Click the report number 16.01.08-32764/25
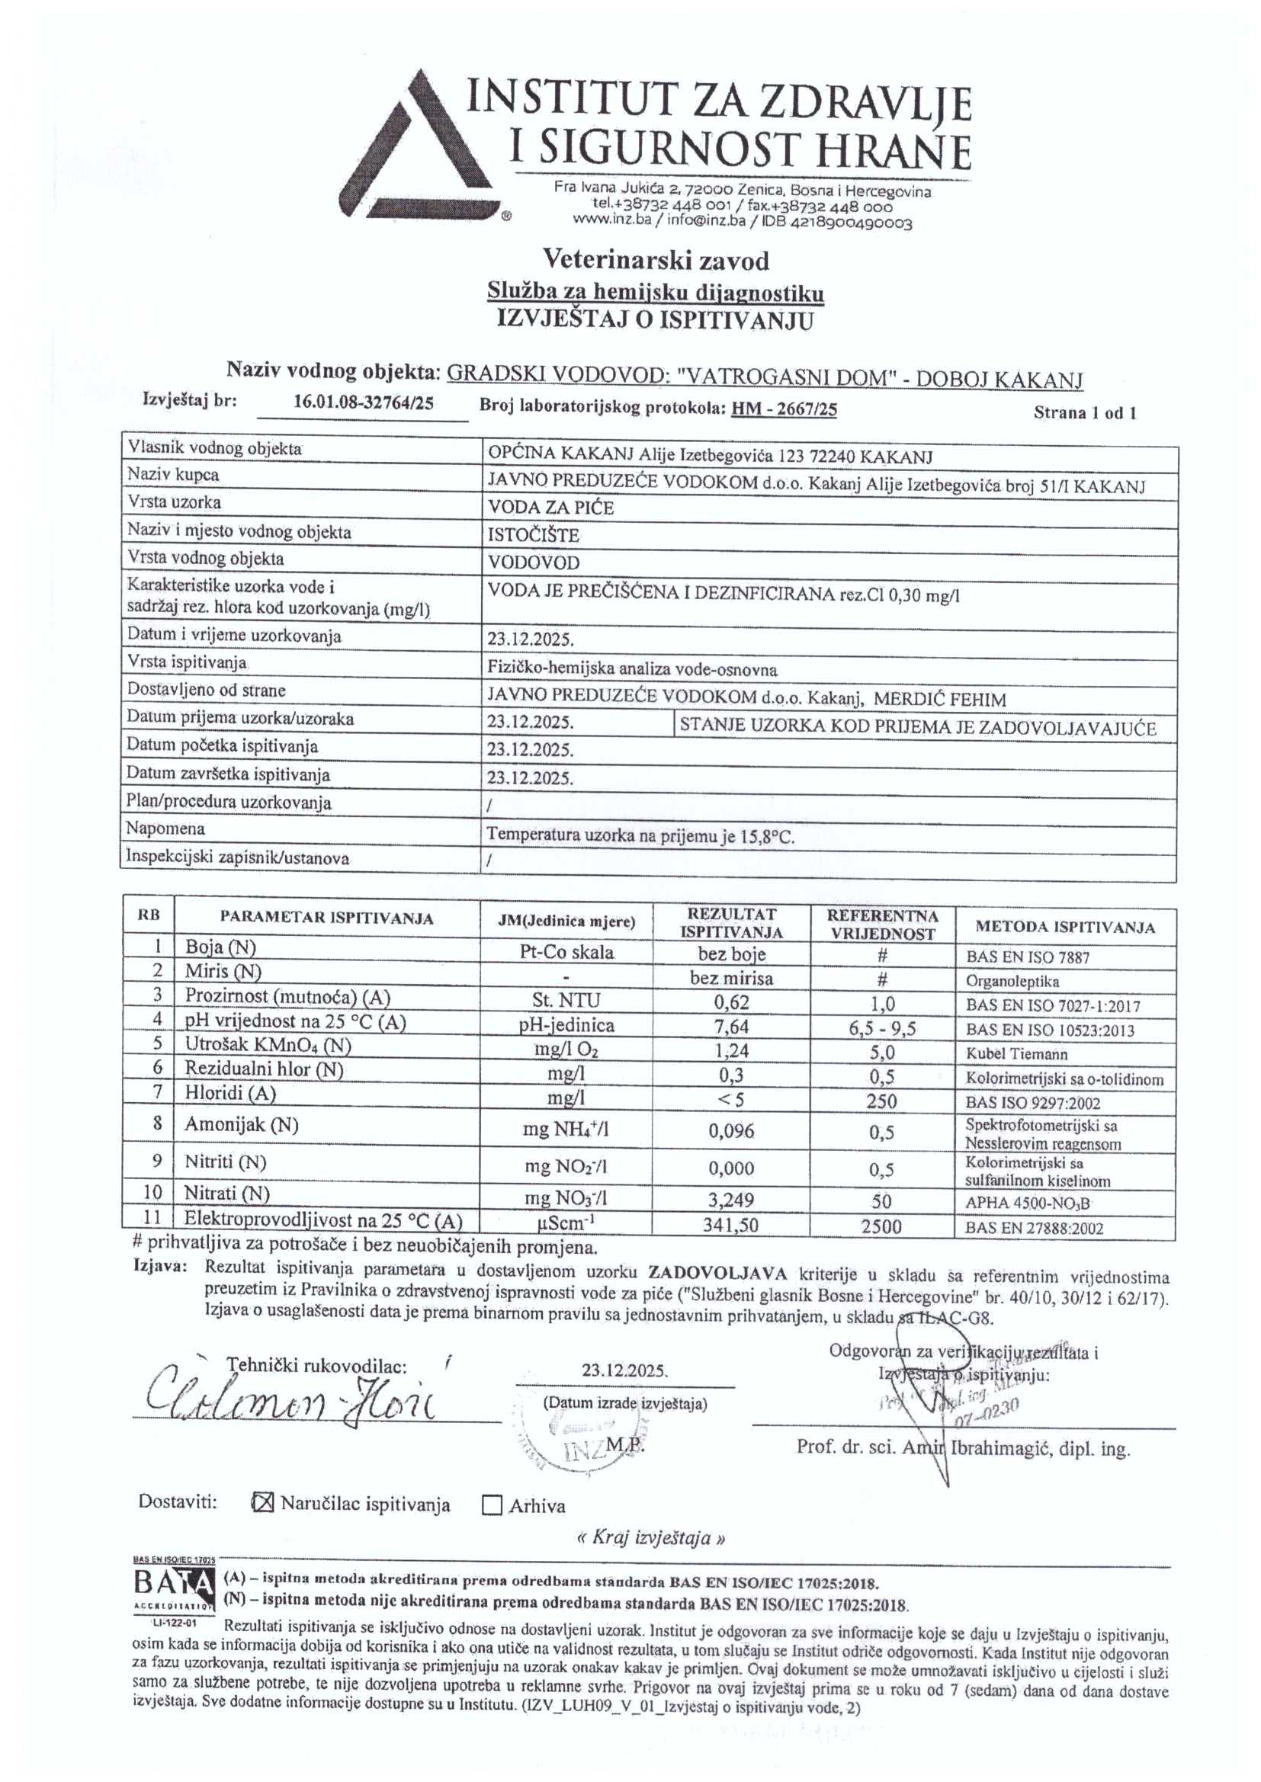pyautogui.click(x=364, y=402)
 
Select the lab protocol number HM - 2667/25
pyautogui.click(x=785, y=409)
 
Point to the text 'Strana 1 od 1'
pyautogui.click(x=1084, y=413)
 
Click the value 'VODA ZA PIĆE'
pyautogui.click(x=550, y=508)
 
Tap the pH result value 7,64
pyautogui.click(x=730, y=1027)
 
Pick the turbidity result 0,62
pyautogui.click(x=730, y=1002)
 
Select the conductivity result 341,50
pyautogui.click(x=730, y=1226)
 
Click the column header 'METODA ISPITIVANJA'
pyautogui.click(x=1064, y=927)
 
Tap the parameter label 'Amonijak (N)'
pyautogui.click(x=242, y=1125)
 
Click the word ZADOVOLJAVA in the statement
pyautogui.click(x=717, y=1273)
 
